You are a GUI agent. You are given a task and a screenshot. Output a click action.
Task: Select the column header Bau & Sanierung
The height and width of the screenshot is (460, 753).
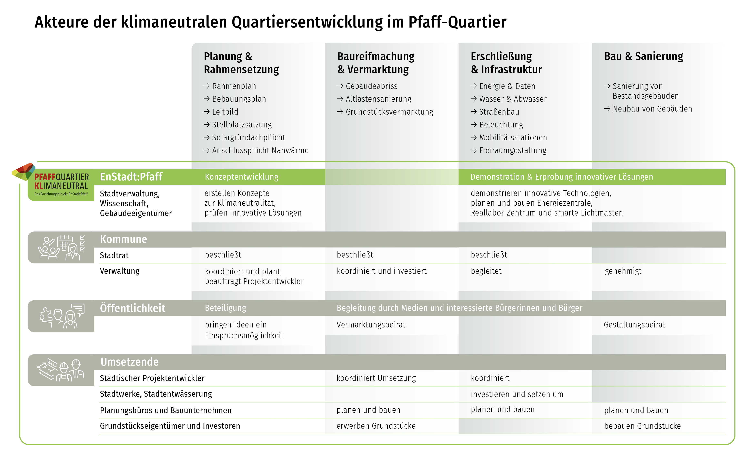coord(643,56)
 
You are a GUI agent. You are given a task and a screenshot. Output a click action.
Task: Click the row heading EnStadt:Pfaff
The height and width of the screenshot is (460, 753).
coord(131,177)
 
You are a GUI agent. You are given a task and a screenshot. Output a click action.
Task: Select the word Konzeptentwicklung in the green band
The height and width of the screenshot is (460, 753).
coord(241,177)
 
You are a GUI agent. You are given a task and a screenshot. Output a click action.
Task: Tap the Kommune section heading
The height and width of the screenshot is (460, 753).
coord(123,239)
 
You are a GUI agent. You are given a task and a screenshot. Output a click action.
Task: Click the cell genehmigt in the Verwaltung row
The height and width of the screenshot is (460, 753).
coord(623,271)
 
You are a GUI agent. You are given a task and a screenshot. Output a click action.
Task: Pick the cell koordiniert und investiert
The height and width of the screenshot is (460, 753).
coord(381,271)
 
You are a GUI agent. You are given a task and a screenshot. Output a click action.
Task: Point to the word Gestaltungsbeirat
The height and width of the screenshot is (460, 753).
coord(634,325)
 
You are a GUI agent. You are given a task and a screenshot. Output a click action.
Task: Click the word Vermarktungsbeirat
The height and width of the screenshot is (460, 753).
coord(371,325)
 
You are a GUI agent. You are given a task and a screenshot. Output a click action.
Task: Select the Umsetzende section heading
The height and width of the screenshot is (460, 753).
coord(130,362)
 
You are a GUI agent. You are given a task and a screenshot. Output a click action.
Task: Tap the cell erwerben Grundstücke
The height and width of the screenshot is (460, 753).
coord(376,426)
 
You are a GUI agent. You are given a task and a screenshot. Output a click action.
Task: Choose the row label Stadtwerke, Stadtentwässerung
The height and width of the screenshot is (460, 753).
coord(156,394)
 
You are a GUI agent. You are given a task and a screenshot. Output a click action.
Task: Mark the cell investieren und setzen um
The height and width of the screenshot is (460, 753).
coord(517,394)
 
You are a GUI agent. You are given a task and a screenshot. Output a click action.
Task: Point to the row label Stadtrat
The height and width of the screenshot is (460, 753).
coord(114,255)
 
